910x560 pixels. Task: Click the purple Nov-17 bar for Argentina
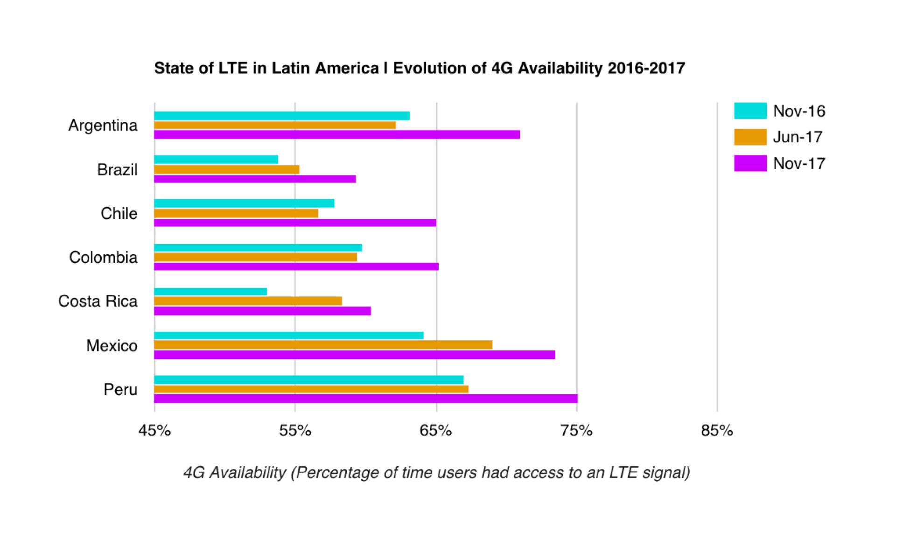pyautogui.click(x=337, y=135)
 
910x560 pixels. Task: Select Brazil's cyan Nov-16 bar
pyautogui.click(x=216, y=160)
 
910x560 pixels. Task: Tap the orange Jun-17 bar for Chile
pyautogui.click(x=236, y=213)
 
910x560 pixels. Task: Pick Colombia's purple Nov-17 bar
pyautogui.click(x=296, y=266)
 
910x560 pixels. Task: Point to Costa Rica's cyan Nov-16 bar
pyautogui.click(x=210, y=292)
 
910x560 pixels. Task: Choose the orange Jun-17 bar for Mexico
pyautogui.click(x=323, y=345)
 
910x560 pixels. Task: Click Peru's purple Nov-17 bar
pyautogui.click(x=366, y=399)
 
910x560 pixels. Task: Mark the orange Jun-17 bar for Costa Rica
pyautogui.click(x=248, y=301)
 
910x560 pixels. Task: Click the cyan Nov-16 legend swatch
pyautogui.click(x=750, y=111)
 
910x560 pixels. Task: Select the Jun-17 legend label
pyautogui.click(x=798, y=137)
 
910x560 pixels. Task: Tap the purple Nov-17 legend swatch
pyautogui.click(x=750, y=163)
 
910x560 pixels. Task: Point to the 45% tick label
pyautogui.click(x=154, y=430)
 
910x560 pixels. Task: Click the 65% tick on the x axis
pyautogui.click(x=436, y=430)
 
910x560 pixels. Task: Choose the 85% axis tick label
pyautogui.click(x=717, y=430)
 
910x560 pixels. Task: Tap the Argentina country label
pyautogui.click(x=103, y=126)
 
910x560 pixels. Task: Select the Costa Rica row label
pyautogui.click(x=98, y=301)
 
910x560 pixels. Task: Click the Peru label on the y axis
pyautogui.click(x=120, y=390)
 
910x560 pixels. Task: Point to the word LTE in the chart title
pyautogui.click(x=233, y=68)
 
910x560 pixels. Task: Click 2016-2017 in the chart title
pyautogui.click(x=646, y=68)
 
